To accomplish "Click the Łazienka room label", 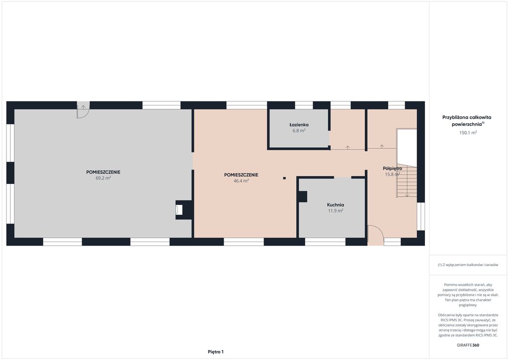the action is point(299,125).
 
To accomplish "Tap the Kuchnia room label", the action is point(336,205).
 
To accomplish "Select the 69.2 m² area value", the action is point(103,178).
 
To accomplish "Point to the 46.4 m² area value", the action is point(241,181).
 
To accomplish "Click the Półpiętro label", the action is point(393,169).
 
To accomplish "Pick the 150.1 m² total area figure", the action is point(468,132).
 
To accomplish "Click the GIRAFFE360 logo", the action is point(468,345).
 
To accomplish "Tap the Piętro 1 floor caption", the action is point(216,352).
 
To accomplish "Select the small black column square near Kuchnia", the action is point(284,178).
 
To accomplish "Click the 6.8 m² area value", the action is point(299,131).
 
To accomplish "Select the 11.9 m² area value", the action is point(336,211).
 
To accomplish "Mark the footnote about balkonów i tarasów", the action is point(468,265).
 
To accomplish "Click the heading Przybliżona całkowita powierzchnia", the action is point(467,120).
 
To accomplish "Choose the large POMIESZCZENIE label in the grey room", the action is point(103,172).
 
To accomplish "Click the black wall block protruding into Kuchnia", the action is point(303,197).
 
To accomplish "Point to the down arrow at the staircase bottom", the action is point(407,195).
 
